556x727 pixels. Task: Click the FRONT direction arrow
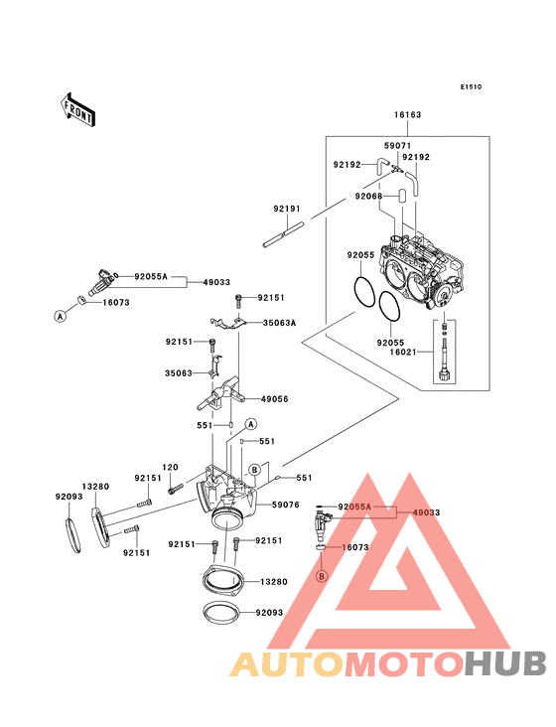(x=78, y=108)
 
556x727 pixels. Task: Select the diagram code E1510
(x=471, y=86)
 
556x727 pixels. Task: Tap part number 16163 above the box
(x=408, y=115)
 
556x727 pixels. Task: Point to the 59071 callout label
(x=398, y=146)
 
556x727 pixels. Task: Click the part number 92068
(x=368, y=197)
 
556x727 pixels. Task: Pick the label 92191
(x=287, y=209)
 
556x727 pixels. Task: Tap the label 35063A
(x=280, y=323)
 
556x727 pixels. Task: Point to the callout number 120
(x=170, y=467)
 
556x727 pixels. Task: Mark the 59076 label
(x=286, y=505)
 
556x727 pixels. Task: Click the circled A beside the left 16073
(x=59, y=315)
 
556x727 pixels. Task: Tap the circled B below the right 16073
(x=321, y=576)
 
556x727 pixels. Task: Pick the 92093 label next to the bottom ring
(x=271, y=615)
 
